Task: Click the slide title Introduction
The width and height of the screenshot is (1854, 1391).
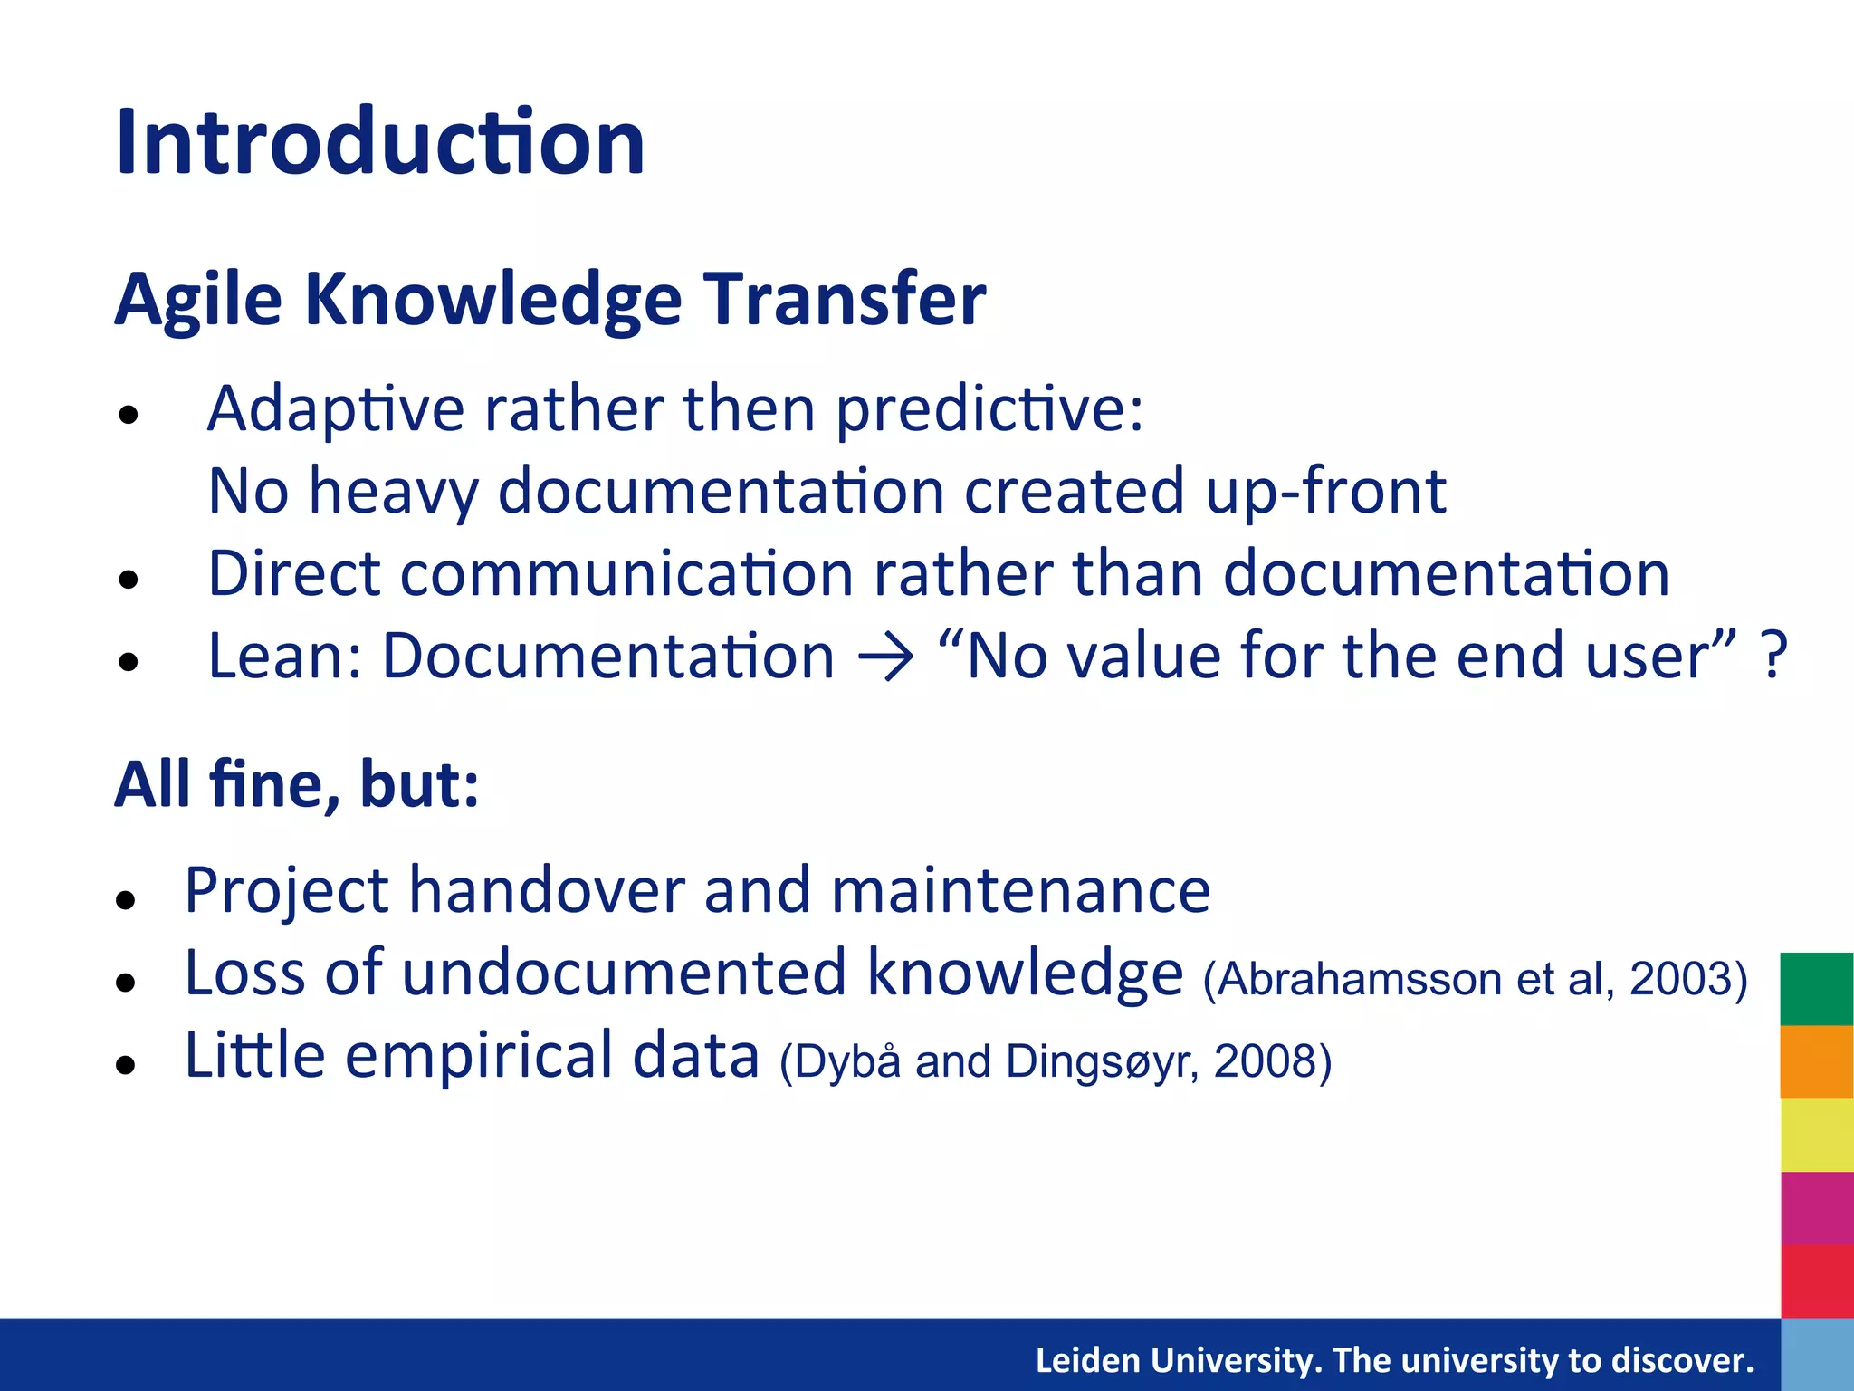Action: click(380, 143)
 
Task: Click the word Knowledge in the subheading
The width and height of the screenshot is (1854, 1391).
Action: click(492, 301)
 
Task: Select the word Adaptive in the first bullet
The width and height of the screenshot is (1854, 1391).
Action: click(335, 409)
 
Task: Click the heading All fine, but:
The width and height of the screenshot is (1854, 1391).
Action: click(297, 784)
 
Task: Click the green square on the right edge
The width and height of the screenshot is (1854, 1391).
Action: click(1816, 989)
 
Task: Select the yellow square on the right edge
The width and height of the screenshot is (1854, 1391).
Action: click(1816, 1135)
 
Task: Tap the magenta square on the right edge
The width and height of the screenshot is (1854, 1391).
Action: click(1816, 1208)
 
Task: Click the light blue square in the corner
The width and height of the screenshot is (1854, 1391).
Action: click(1816, 1355)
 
